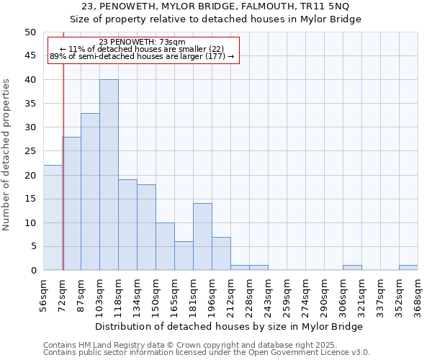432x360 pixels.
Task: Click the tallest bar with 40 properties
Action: pyautogui.click(x=109, y=175)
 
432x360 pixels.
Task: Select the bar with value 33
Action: pyautogui.click(x=90, y=192)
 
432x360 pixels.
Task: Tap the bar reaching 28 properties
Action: pyautogui.click(x=71, y=204)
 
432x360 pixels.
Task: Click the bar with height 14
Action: pyautogui.click(x=202, y=237)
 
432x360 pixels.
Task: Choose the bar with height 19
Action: pyautogui.click(x=127, y=225)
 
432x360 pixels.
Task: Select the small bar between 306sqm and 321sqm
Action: pyautogui.click(x=352, y=268)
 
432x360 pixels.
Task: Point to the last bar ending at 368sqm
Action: pyautogui.click(x=408, y=268)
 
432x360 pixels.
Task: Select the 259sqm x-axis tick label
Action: pyautogui.click(x=287, y=292)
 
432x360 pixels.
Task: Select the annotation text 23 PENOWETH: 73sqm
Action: pyautogui.click(x=142, y=42)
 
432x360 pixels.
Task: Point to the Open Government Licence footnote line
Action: pyautogui.click(x=207, y=353)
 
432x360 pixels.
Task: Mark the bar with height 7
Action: pyautogui.click(x=221, y=253)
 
